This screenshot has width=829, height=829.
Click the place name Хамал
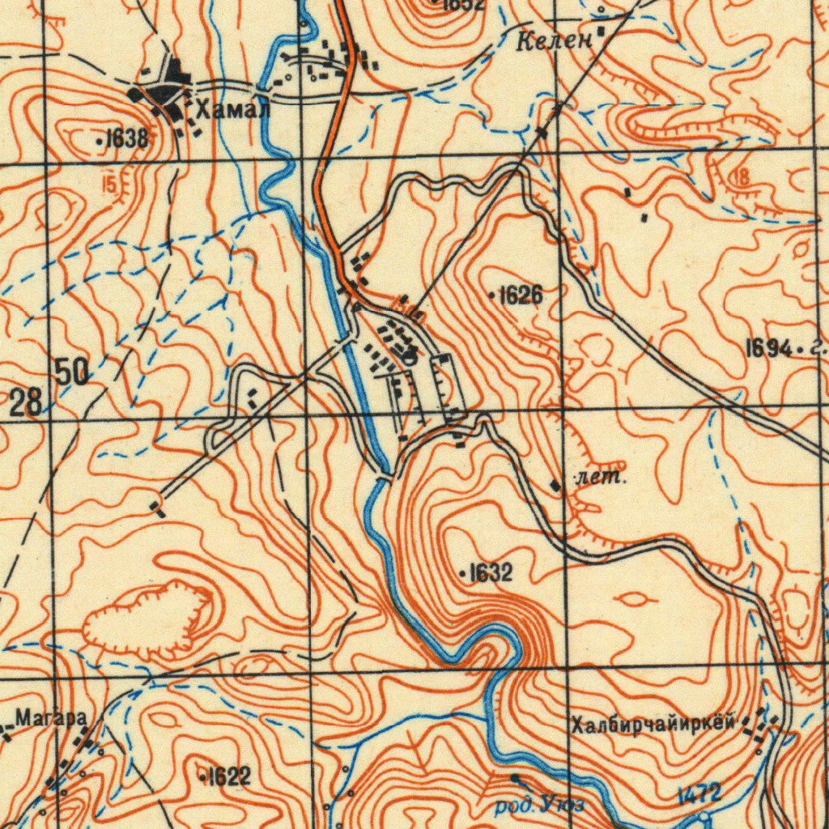(x=232, y=109)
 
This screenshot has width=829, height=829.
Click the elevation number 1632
(x=491, y=573)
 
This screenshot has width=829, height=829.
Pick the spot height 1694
(x=768, y=349)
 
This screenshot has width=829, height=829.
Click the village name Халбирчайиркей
(x=653, y=723)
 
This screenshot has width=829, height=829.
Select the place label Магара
(x=50, y=716)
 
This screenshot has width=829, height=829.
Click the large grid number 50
(x=72, y=372)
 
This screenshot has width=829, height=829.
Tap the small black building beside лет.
(x=555, y=485)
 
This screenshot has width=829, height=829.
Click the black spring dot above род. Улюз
(x=515, y=778)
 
